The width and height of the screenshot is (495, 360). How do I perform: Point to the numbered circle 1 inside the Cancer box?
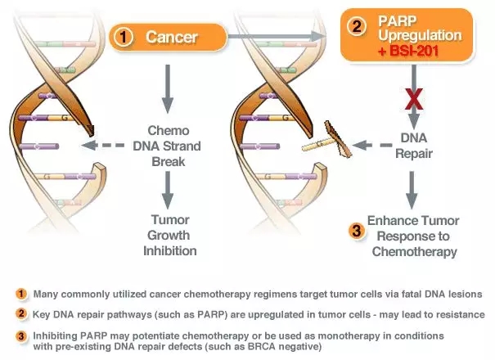point(124,38)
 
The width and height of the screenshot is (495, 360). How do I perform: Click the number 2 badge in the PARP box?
point(357,26)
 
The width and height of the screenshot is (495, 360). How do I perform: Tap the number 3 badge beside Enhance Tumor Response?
point(357,231)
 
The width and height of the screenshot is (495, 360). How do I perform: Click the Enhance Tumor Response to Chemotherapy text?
point(413,235)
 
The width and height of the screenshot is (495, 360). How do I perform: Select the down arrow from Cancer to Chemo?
point(168,90)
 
